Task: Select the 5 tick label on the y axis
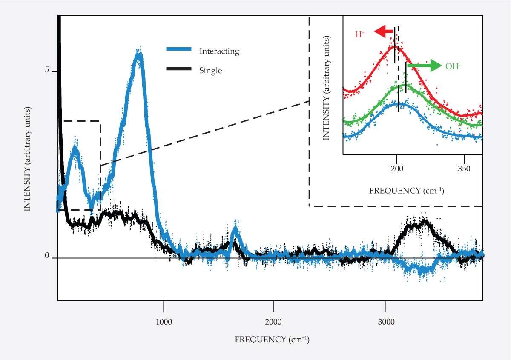(x=47, y=70)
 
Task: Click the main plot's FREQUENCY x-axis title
(x=272, y=340)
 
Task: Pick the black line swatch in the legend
(x=179, y=69)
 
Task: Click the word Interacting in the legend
(x=219, y=51)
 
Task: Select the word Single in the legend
(x=210, y=71)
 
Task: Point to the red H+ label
(x=360, y=34)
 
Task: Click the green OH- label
(x=453, y=66)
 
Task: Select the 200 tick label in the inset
(x=397, y=169)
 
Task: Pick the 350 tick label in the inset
(x=464, y=169)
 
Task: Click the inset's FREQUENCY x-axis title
(x=407, y=190)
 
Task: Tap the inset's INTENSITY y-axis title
(x=326, y=87)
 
